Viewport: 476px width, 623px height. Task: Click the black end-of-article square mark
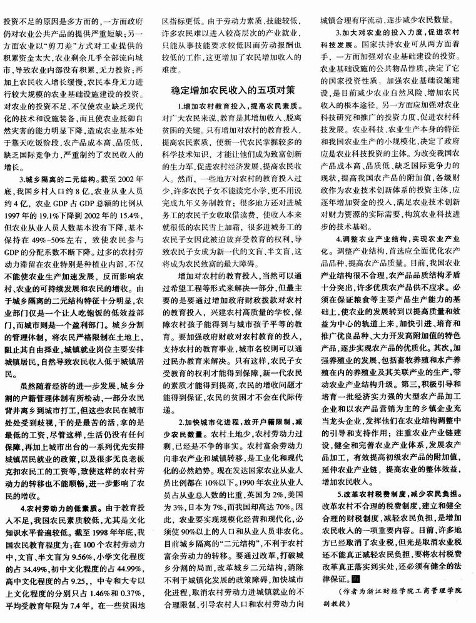pos(356,581)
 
